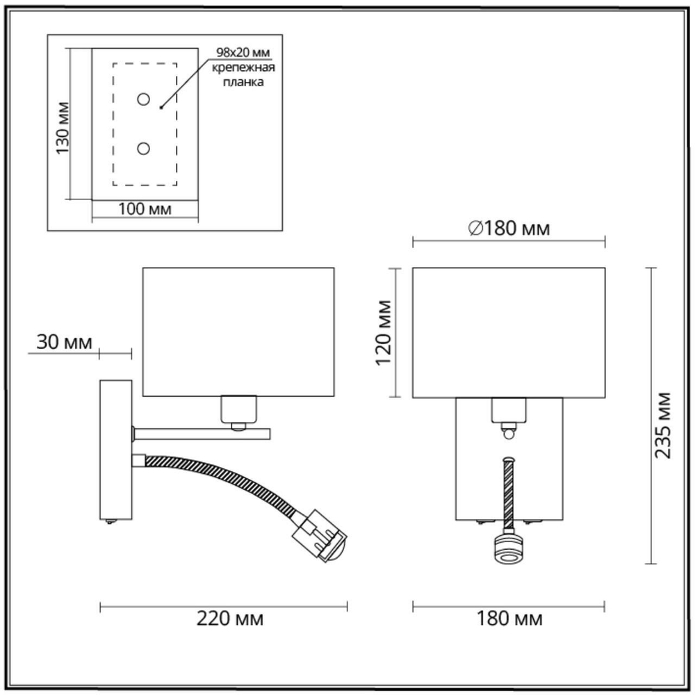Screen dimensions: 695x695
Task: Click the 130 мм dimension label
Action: [x=63, y=129]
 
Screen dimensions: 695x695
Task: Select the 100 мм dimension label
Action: [x=145, y=208]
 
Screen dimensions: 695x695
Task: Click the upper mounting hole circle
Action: [x=144, y=99]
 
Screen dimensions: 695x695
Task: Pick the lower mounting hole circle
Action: [x=144, y=148]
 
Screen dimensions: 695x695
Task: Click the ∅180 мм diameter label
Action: [x=509, y=229]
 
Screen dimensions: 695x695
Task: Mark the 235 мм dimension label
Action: [x=664, y=425]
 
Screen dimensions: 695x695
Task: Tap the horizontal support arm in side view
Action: [x=202, y=434]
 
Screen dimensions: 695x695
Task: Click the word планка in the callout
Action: [x=243, y=81]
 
